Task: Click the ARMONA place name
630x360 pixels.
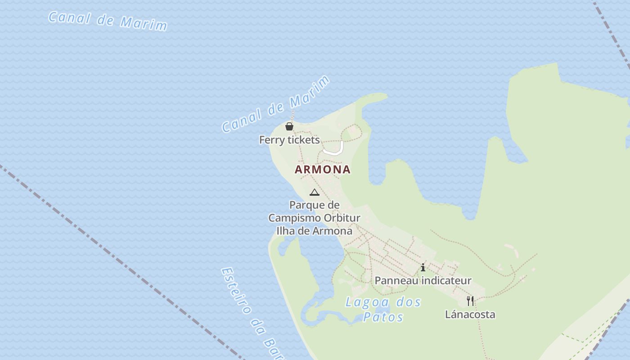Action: click(x=322, y=170)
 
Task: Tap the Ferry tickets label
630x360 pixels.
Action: click(x=289, y=140)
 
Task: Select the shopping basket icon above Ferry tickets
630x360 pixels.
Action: click(x=289, y=126)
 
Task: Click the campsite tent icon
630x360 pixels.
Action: click(x=315, y=193)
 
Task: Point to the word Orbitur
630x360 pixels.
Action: click(x=342, y=218)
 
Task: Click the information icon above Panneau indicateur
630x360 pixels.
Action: click(x=423, y=268)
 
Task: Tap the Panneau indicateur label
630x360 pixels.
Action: click(x=423, y=281)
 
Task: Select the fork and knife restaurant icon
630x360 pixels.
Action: click(x=470, y=301)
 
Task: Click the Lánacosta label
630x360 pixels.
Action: click(x=470, y=315)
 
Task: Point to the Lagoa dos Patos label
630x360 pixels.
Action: click(x=383, y=309)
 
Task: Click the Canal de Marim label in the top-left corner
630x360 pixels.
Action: click(x=108, y=21)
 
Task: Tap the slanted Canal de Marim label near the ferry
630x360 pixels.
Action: click(x=276, y=105)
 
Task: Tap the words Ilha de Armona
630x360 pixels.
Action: click(x=314, y=231)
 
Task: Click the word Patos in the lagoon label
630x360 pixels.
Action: click(x=383, y=317)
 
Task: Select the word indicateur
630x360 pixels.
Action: click(x=443, y=281)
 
